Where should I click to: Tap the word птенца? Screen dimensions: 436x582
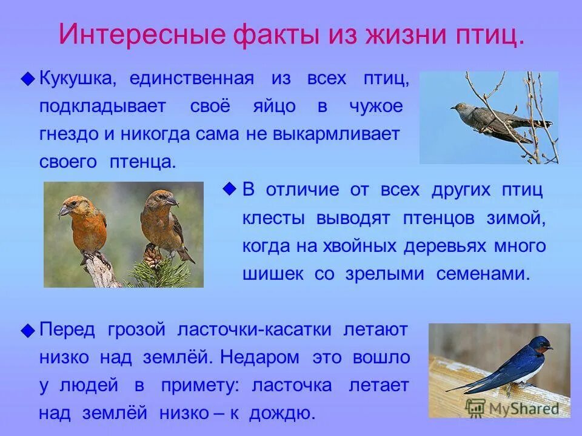click(x=144, y=162)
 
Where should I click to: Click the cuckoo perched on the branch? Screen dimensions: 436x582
click(x=491, y=118)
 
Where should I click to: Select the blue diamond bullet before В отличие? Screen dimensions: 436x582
click(x=229, y=190)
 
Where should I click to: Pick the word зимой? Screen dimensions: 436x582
click(x=516, y=218)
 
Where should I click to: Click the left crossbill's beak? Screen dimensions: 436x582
click(x=63, y=211)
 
